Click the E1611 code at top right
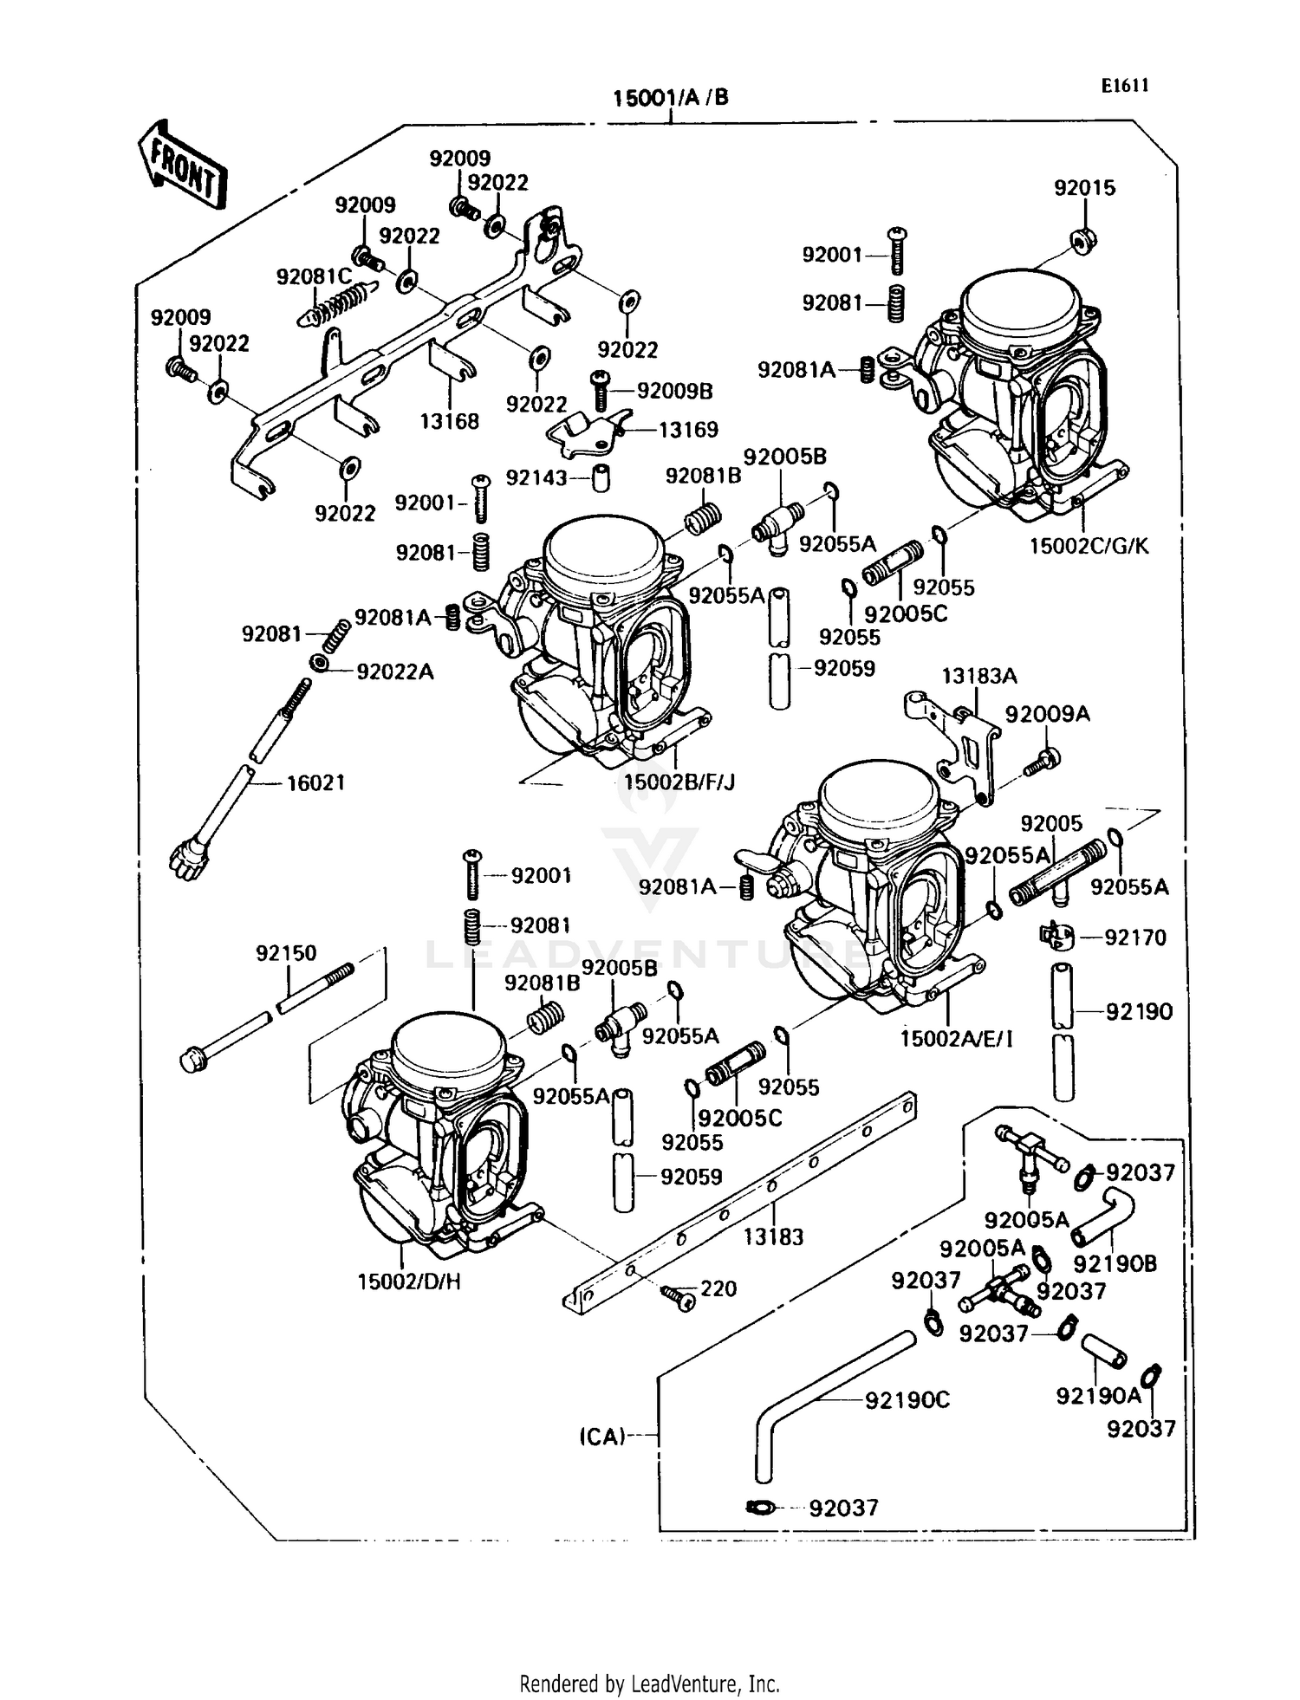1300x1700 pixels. pos(1125,86)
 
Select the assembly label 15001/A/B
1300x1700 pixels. pos(670,98)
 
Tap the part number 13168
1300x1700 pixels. pos(449,422)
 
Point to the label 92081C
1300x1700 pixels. pos(314,276)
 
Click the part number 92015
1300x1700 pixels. pos(1084,188)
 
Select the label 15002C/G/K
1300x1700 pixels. pos(1089,547)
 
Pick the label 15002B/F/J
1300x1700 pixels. pos(679,782)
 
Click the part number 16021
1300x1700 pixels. pos(315,782)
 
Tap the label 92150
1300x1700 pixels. pos(286,953)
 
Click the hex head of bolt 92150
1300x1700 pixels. pos(192,1060)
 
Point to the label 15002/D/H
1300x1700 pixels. pos(409,1281)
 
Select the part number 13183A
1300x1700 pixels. pos(979,676)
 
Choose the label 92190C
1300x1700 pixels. pos(907,1400)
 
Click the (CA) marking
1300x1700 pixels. pos(602,1437)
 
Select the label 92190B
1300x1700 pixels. pos(1115,1264)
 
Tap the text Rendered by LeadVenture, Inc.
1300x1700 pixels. pos(649,1684)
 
